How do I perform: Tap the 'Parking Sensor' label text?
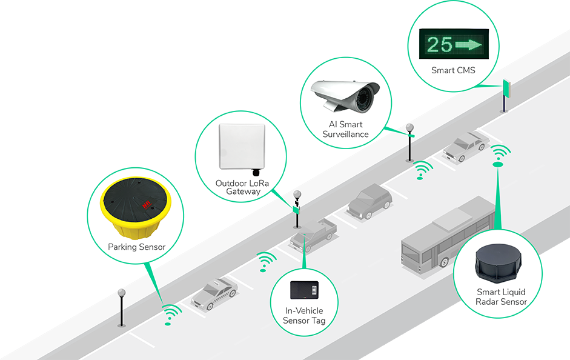pos(136,247)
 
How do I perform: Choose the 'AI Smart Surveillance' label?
pos(345,129)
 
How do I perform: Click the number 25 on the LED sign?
pos(439,44)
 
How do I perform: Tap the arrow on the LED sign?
pos(469,44)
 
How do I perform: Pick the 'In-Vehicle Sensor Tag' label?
pos(304,315)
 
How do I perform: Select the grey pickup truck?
pos(313,233)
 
